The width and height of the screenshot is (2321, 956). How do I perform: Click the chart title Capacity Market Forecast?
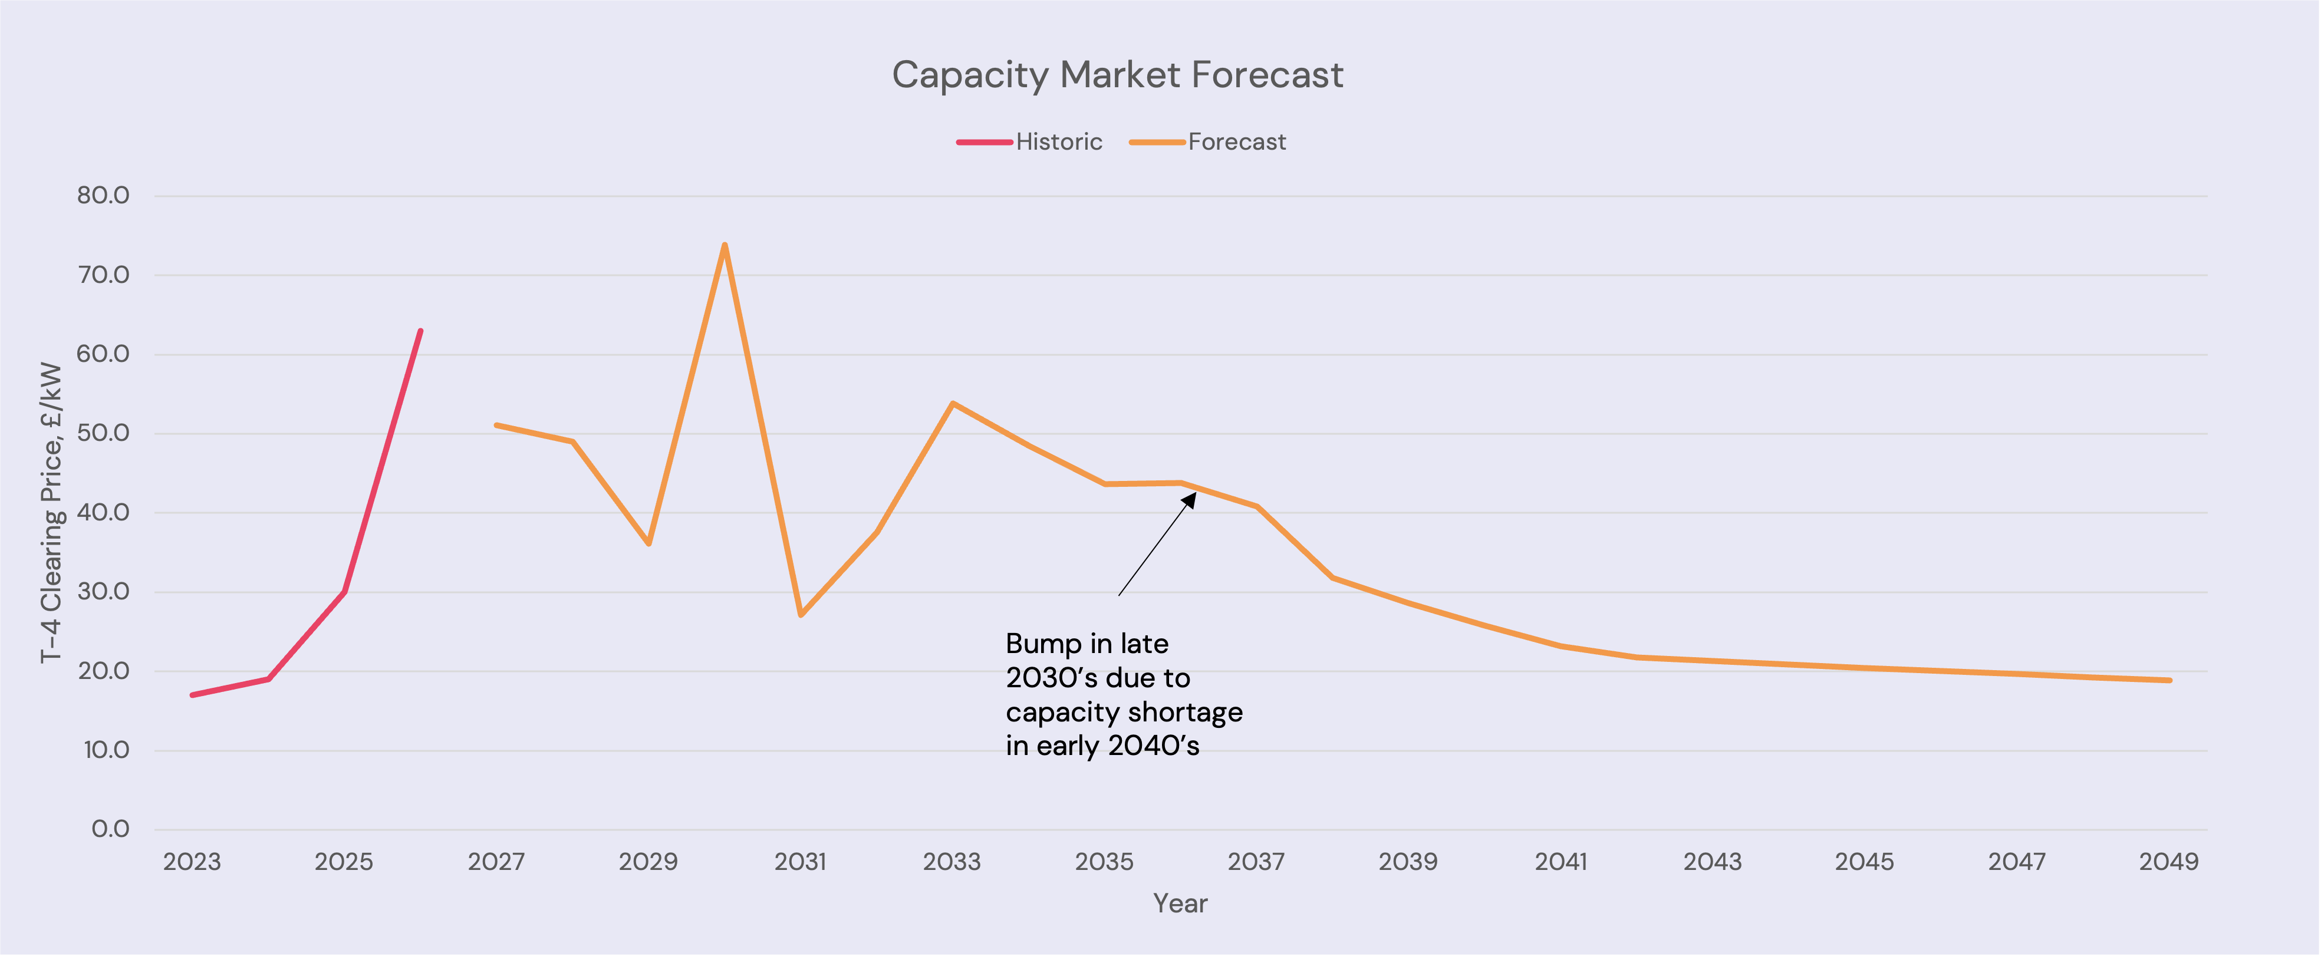coord(1117,75)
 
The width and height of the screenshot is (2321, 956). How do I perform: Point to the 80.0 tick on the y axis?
coord(103,196)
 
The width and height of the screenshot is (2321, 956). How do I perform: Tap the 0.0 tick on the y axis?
coord(110,829)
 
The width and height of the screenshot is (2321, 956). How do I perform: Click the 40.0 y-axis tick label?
coord(103,512)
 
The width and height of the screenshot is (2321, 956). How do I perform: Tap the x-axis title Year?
coord(1180,904)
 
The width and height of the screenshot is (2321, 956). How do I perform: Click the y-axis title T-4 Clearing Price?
coord(51,512)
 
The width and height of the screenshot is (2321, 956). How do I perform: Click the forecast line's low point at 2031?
coord(801,615)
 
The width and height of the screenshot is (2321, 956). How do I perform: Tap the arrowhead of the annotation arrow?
coord(1190,498)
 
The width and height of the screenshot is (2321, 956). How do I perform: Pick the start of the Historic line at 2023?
coord(192,695)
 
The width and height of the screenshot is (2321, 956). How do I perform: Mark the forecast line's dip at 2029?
coord(648,544)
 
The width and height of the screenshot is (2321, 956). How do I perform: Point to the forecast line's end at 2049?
coord(2169,680)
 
